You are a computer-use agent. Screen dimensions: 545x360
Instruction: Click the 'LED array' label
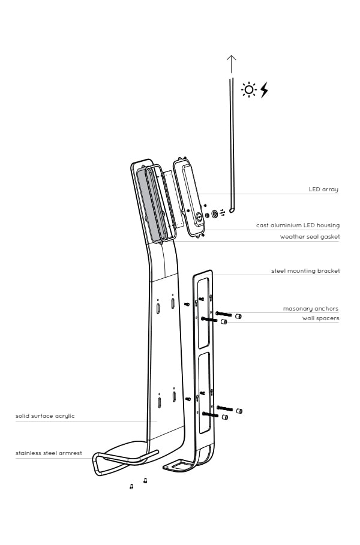click(323, 189)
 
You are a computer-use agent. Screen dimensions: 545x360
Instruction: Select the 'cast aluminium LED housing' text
click(298, 225)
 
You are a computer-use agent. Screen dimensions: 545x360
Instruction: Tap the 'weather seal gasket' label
click(310, 237)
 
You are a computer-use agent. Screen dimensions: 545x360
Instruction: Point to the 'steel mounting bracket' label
click(305, 271)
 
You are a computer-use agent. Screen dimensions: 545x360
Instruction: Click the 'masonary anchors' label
click(311, 309)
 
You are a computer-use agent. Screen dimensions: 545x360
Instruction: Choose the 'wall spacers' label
click(320, 318)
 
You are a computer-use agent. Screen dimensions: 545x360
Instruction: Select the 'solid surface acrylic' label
click(45, 415)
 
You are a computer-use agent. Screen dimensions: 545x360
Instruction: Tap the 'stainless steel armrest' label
click(49, 453)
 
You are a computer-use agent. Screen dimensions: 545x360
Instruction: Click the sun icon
click(248, 90)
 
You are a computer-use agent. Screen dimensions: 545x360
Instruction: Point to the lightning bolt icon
click(263, 90)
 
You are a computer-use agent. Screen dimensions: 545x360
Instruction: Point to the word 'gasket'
click(329, 237)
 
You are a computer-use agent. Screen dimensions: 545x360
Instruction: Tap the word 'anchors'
click(326, 309)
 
